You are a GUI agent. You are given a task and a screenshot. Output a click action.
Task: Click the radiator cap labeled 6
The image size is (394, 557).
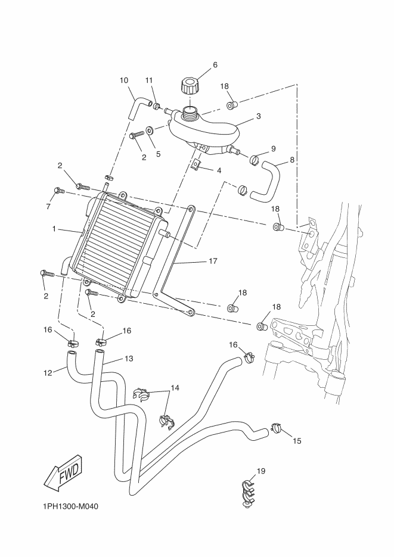(x=189, y=86)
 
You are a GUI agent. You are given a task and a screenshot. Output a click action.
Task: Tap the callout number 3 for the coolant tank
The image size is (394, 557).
(x=259, y=116)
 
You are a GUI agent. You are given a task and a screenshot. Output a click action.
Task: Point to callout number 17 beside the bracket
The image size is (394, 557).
(x=213, y=261)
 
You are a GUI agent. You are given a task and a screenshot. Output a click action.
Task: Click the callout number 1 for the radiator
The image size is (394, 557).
(x=54, y=229)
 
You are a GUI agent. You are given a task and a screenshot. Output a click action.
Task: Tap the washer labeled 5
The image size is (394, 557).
(x=150, y=130)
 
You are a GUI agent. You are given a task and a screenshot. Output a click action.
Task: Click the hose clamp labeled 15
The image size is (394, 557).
(x=277, y=428)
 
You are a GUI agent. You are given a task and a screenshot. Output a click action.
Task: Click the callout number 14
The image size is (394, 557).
(x=175, y=388)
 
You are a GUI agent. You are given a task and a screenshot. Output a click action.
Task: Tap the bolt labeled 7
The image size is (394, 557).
(x=59, y=191)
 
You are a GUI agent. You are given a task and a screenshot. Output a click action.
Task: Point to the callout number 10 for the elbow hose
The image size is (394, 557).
(x=124, y=80)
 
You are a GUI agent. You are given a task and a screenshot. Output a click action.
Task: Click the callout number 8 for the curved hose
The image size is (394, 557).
(x=292, y=160)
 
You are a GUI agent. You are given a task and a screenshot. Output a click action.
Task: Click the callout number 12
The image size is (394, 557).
(x=48, y=373)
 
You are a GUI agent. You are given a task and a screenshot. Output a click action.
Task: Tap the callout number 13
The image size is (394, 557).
(x=129, y=359)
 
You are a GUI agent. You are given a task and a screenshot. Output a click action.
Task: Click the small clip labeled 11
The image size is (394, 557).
(x=157, y=105)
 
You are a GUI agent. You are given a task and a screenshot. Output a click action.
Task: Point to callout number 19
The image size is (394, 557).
(x=260, y=471)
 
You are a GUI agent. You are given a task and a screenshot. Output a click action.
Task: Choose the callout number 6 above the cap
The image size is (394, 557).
(x=215, y=65)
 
